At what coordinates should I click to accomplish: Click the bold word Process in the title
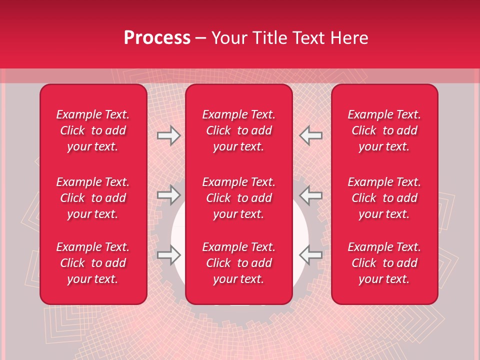click(x=157, y=38)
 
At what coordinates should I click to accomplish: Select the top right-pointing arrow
click(x=169, y=135)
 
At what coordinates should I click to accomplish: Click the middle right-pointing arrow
click(x=169, y=195)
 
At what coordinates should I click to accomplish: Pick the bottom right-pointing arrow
click(x=169, y=255)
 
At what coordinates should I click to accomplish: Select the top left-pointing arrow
click(x=310, y=135)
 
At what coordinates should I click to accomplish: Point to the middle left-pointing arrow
click(x=310, y=195)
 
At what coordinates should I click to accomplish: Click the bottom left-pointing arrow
click(x=310, y=255)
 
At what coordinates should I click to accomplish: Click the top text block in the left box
click(x=93, y=130)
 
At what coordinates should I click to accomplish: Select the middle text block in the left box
click(x=93, y=198)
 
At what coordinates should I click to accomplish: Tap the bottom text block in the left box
click(x=93, y=263)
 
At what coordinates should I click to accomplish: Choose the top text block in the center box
click(x=238, y=130)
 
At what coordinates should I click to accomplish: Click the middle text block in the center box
click(x=238, y=198)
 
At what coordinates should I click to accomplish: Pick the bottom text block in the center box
click(x=238, y=263)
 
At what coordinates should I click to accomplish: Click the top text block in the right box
click(x=384, y=130)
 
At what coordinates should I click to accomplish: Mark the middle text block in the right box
click(x=384, y=198)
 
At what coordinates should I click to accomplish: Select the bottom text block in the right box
click(x=384, y=263)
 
